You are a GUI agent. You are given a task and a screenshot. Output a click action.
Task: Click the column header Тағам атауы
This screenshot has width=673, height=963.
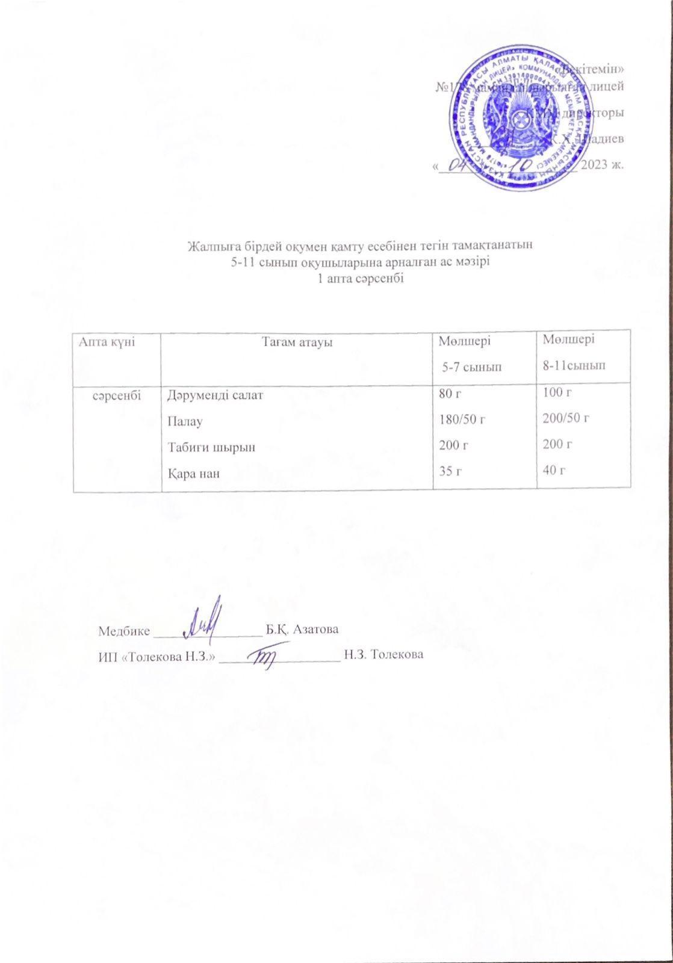click(297, 342)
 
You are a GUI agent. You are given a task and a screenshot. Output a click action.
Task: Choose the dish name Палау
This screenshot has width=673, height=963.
click(184, 421)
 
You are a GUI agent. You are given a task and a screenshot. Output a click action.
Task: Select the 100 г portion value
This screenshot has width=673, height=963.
click(556, 392)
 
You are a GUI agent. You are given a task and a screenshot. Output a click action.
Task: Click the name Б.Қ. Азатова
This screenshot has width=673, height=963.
click(302, 630)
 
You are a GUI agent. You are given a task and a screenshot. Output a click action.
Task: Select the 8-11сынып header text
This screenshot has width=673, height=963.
click(574, 365)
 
